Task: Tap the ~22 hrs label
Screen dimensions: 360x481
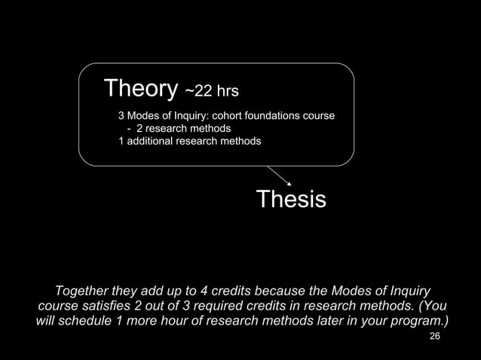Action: tap(212, 92)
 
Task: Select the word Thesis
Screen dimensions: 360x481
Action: tap(291, 200)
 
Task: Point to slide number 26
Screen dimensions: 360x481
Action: tap(434, 336)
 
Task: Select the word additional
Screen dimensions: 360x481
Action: tap(152, 141)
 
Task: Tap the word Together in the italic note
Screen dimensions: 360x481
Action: tap(84, 291)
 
